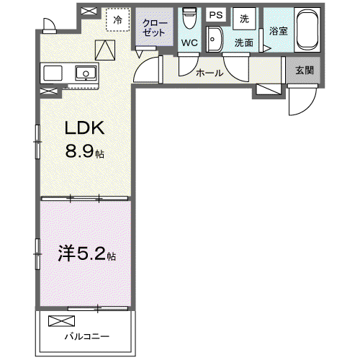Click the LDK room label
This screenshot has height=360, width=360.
pos(85,127)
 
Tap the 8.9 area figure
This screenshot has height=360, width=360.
pos(79,152)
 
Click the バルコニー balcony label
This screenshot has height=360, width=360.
pos(87,336)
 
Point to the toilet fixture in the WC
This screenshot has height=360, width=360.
pos(189,18)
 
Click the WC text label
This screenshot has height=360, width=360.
pos(189,43)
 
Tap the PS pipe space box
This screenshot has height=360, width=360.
pos(216,15)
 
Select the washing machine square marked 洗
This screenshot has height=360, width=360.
pos(244,19)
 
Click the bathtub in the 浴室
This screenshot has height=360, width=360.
pos(307,30)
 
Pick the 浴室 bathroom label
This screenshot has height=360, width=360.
pos(278,31)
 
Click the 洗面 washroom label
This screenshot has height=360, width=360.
pos(244,42)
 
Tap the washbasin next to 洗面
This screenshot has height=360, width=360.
pos(215,39)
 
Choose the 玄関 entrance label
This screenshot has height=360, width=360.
pos(305,71)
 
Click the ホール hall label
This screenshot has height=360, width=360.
pos(210,73)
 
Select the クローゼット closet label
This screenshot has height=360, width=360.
pos(154,28)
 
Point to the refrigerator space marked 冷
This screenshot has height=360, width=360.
pos(118,19)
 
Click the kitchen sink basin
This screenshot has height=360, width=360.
pos(86,73)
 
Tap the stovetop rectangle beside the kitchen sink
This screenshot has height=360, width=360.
pos(53,73)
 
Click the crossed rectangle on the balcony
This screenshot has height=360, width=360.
pos(61,321)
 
